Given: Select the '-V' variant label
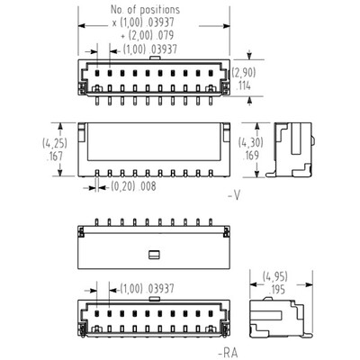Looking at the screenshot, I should coord(234,193).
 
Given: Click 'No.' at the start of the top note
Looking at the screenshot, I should coord(111,8).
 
